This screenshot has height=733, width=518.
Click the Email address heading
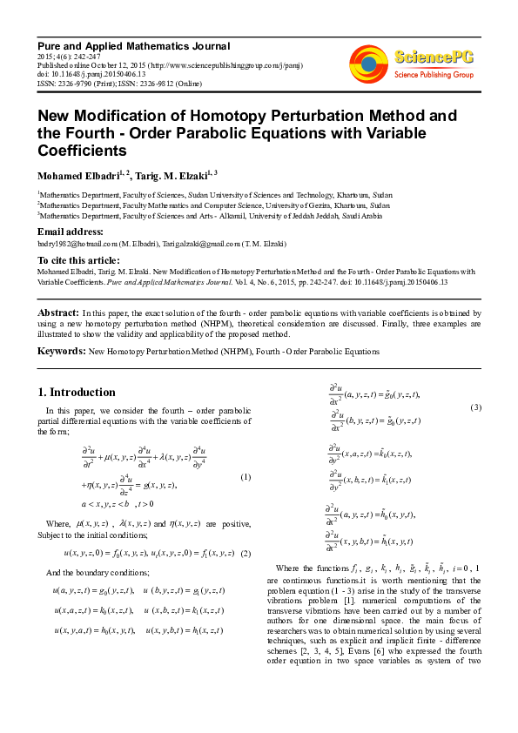click(x=71, y=232)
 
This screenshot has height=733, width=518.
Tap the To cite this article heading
click(x=77, y=260)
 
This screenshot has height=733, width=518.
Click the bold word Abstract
click(x=57, y=312)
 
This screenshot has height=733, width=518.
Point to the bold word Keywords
click(x=61, y=351)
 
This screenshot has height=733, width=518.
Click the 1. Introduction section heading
click(x=77, y=392)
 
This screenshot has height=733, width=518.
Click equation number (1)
click(x=246, y=477)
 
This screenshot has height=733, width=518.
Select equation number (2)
click(x=246, y=553)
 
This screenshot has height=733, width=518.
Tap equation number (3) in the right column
click(x=475, y=408)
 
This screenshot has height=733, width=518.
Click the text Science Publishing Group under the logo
click(x=434, y=76)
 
